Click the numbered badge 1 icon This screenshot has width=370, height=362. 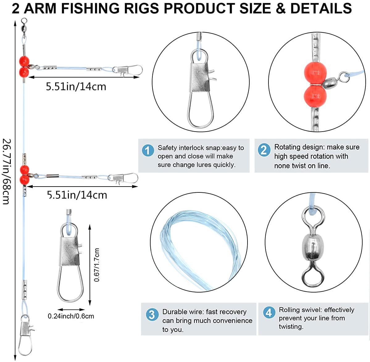pos(148,151)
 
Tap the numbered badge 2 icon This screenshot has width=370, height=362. pos(264,150)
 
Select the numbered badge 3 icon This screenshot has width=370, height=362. pos(152,315)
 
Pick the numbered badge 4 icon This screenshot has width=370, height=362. pos(269,313)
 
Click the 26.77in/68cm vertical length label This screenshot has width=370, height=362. pos(6,171)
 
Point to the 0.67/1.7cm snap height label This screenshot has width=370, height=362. pos(97,265)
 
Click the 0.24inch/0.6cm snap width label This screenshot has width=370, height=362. pos(71,316)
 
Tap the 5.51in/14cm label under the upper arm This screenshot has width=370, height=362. pos(76,86)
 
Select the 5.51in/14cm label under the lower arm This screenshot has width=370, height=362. pos(77,195)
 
